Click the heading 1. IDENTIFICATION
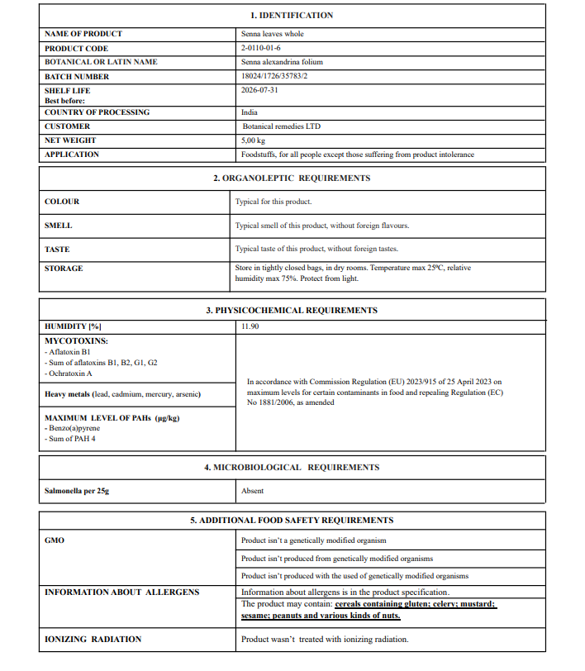[x=292, y=16]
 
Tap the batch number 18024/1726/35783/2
[x=278, y=76]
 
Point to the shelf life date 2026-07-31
[x=259, y=90]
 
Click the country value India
[x=250, y=112]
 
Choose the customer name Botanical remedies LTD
[x=281, y=126]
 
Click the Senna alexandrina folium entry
[x=281, y=62]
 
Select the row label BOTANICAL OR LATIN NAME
[x=101, y=62]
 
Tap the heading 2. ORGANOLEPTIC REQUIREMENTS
[x=292, y=178]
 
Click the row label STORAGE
[x=64, y=269]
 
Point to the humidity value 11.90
[x=250, y=326]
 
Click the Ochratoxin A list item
[x=70, y=374]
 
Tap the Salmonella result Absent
[x=252, y=491]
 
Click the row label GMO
[x=54, y=540]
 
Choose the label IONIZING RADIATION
[x=93, y=640]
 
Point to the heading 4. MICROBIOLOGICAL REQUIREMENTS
[x=292, y=468]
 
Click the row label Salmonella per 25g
[x=77, y=491]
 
